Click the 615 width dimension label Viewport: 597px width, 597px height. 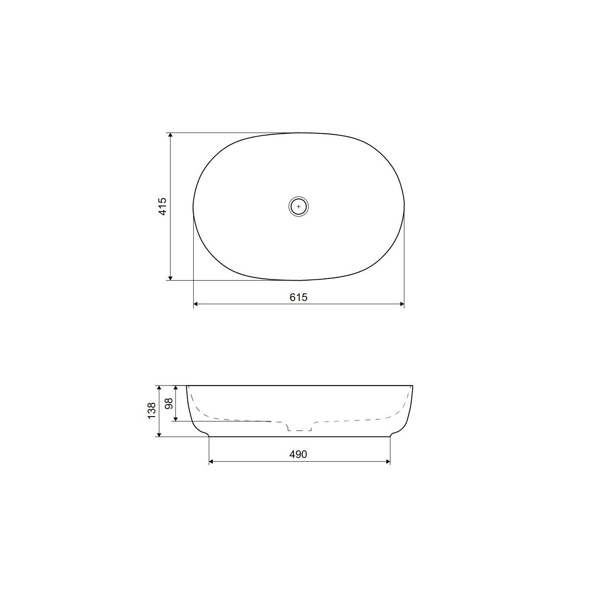coord(298,297)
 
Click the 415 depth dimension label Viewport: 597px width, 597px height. coord(162,206)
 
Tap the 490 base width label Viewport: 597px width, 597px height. coord(298,454)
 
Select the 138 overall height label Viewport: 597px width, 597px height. coord(152,411)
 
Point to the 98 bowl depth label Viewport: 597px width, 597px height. coord(169,403)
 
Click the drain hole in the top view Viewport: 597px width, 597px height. coord(298,206)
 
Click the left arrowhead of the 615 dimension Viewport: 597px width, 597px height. coord(196,304)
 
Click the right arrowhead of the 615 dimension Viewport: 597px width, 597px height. coord(402,304)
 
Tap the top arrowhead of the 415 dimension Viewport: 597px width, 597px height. coord(170,135)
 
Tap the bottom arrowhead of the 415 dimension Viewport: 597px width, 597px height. coord(170,278)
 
